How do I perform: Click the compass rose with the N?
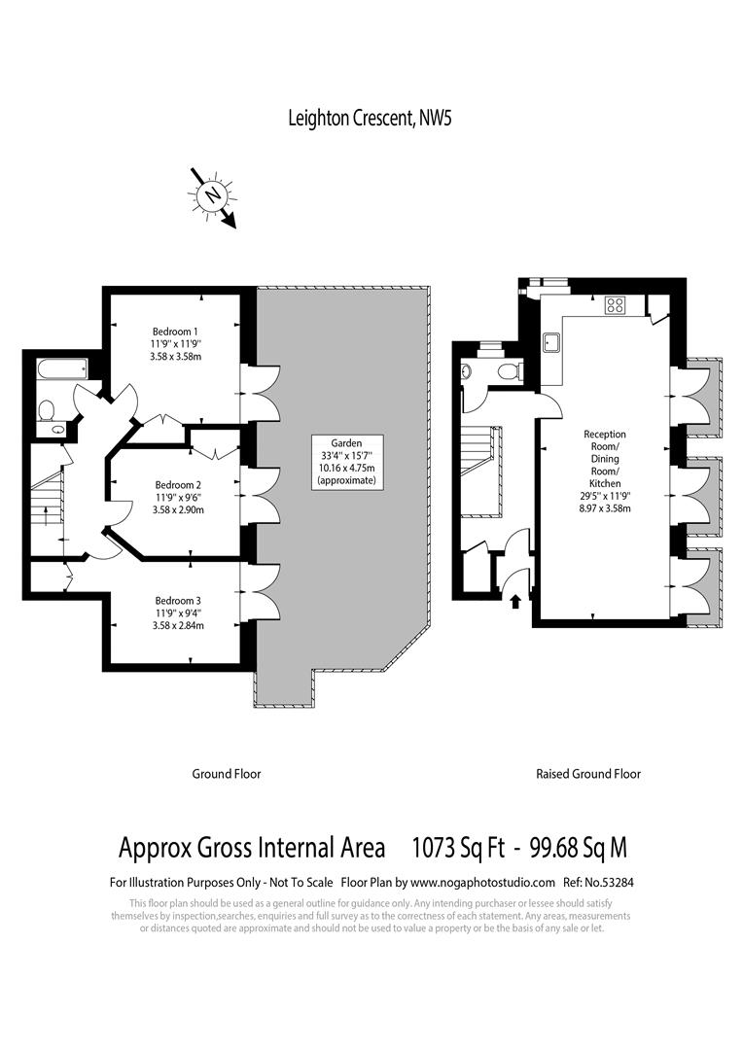[211, 195]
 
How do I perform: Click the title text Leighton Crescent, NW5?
[371, 119]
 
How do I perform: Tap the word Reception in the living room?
[605, 435]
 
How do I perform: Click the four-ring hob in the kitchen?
[616, 304]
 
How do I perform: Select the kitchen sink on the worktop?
[551, 340]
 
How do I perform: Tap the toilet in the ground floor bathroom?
[45, 410]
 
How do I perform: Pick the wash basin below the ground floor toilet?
[59, 428]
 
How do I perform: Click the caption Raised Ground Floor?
[588, 775]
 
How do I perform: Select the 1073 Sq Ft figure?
[458, 848]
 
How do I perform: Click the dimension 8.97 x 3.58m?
[605, 507]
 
